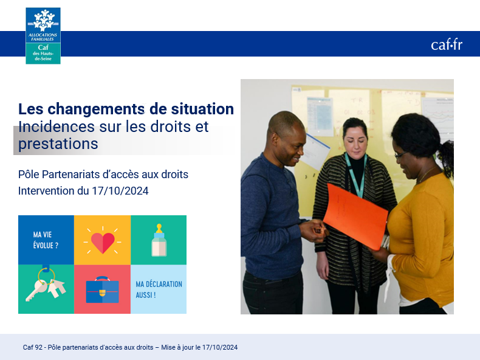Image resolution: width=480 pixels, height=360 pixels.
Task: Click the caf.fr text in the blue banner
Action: [x=447, y=45]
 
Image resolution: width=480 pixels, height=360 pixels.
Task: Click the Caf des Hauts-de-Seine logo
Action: [x=43, y=36]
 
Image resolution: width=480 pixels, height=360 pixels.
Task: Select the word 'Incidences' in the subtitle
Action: [x=57, y=126]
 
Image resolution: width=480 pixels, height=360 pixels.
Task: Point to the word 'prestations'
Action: [x=58, y=144]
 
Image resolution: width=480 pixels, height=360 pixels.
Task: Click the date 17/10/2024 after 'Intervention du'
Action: [x=120, y=191]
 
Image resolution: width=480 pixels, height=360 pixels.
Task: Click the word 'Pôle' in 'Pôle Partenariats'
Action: [x=29, y=175]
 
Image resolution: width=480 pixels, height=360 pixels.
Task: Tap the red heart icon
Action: [x=103, y=243]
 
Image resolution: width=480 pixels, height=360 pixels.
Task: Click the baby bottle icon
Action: [x=159, y=240]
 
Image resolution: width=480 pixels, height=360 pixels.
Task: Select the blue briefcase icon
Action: [x=102, y=290]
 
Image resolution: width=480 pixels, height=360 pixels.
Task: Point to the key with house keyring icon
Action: [x=46, y=285]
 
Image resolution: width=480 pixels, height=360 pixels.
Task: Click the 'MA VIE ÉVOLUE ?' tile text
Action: [x=46, y=240]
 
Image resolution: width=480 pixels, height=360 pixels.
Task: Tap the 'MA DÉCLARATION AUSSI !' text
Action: [x=159, y=289]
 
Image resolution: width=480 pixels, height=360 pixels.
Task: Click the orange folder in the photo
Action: [x=355, y=216]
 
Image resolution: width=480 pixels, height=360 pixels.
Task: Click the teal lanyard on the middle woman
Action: [x=355, y=175]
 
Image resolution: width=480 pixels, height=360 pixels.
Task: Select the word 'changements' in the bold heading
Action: [x=96, y=109]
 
